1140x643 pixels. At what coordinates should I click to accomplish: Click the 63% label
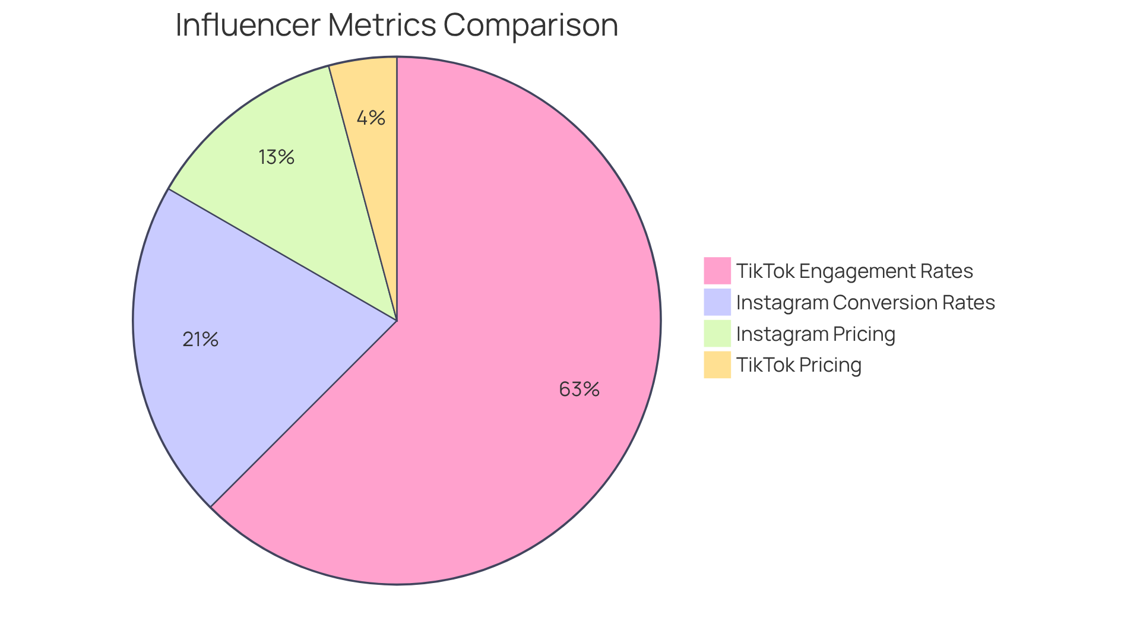click(x=579, y=389)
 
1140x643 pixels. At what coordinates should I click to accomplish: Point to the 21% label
click(x=201, y=340)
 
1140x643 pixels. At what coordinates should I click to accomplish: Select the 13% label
click(x=277, y=157)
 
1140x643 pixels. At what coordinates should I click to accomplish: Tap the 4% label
click(x=370, y=118)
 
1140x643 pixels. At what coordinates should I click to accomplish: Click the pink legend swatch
click(x=717, y=271)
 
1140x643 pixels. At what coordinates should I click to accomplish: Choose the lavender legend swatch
click(x=717, y=302)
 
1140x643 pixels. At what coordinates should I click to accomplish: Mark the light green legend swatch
click(x=717, y=334)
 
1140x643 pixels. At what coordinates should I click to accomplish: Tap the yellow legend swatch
click(x=717, y=365)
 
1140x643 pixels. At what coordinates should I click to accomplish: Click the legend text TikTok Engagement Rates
click(x=854, y=271)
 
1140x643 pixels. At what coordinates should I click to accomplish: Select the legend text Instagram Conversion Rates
click(x=865, y=303)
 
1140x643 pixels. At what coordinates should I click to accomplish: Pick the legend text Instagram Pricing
click(x=815, y=334)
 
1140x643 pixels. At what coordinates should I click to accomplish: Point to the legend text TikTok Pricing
click(x=799, y=365)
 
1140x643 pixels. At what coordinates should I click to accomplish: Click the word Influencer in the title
click(x=248, y=26)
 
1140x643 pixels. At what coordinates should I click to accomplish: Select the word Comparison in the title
click(x=530, y=26)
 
